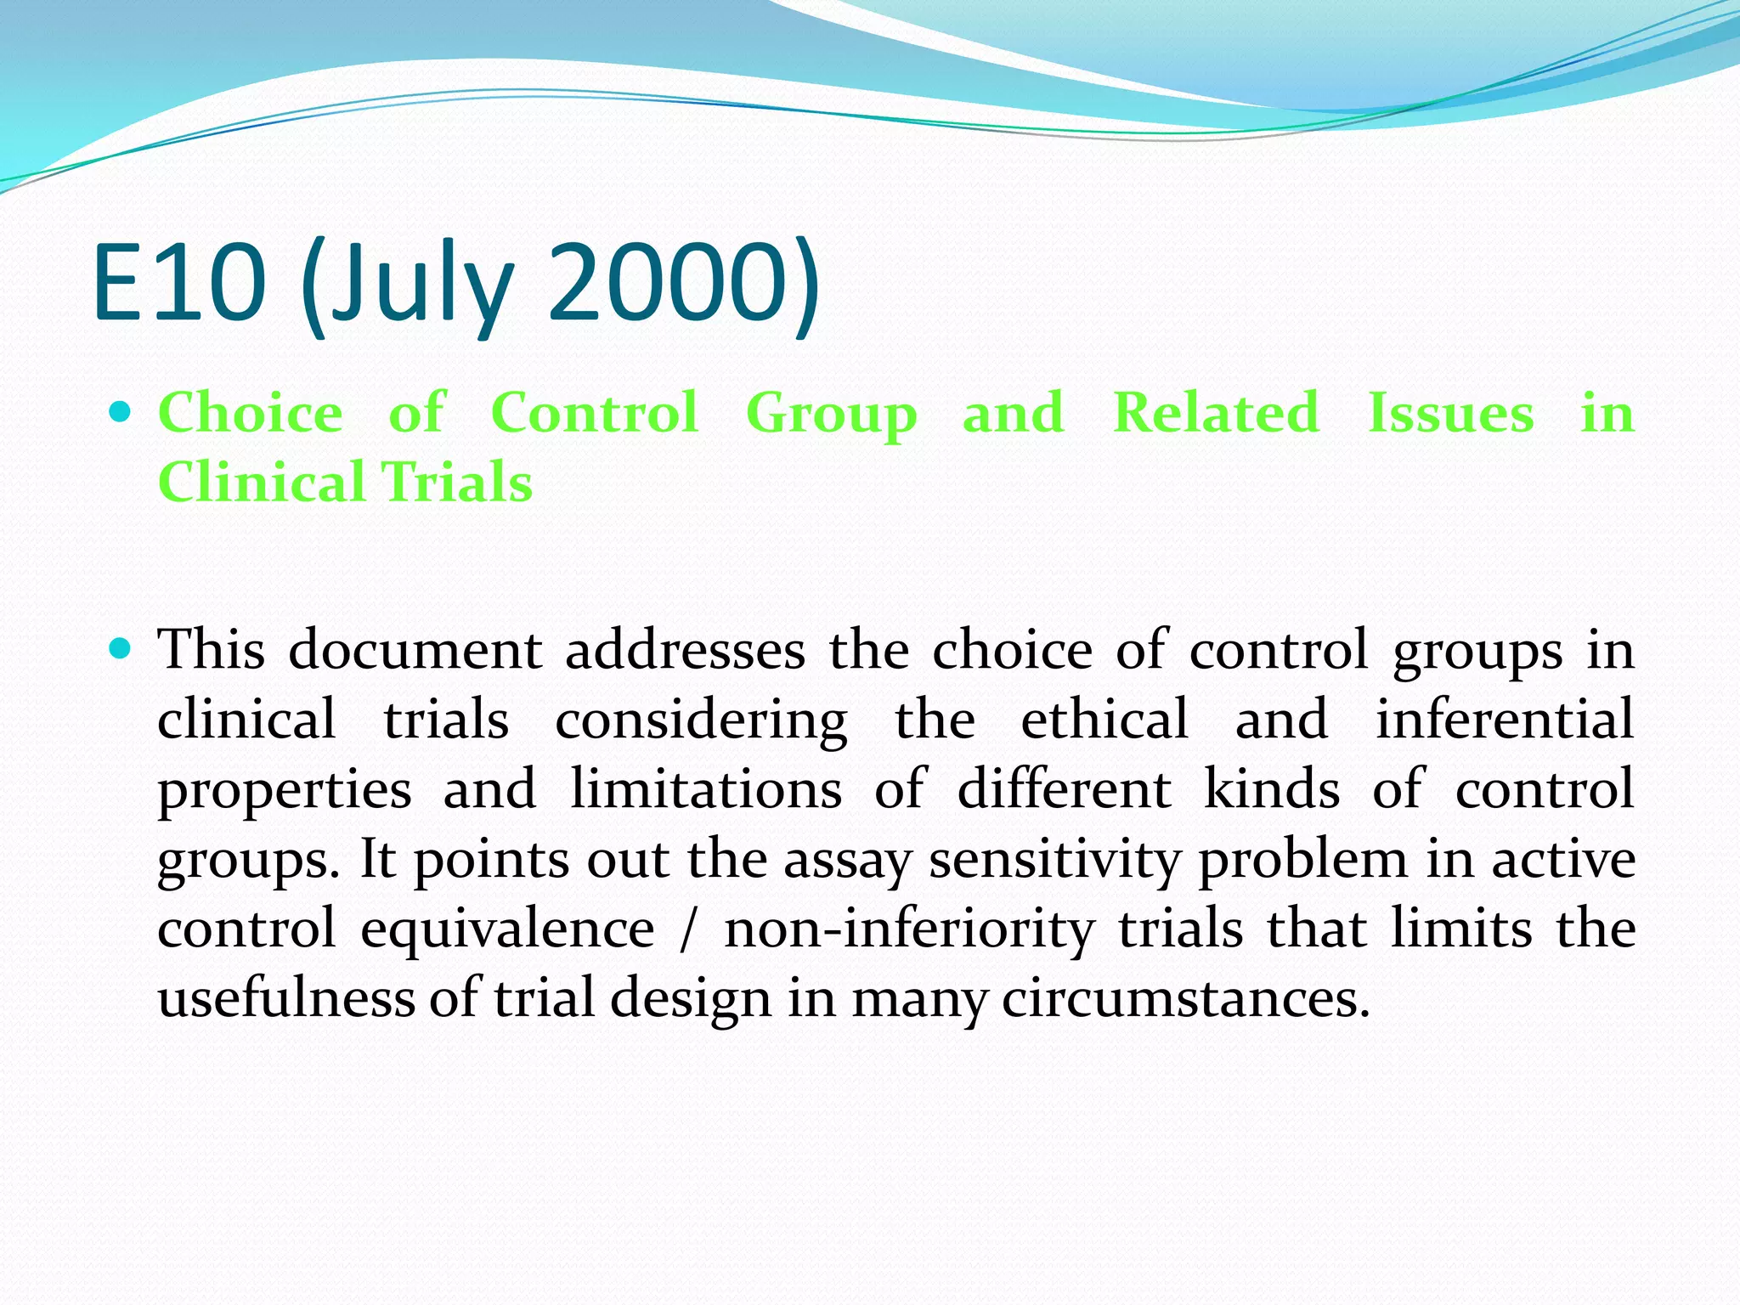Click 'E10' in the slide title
[x=179, y=282]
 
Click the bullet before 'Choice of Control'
[x=121, y=413]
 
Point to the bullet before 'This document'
[x=121, y=650]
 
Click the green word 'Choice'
[x=251, y=414]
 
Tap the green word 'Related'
[x=1216, y=414]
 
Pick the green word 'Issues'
[x=1450, y=414]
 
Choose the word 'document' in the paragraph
[x=415, y=651]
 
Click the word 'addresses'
[x=685, y=651]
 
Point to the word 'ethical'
[x=1104, y=720]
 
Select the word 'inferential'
[x=1505, y=720]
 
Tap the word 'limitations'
[x=706, y=789]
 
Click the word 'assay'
[x=846, y=861]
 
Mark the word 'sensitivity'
[x=1054, y=861]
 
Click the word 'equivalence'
[x=507, y=929]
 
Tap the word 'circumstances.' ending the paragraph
[x=1186, y=998]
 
